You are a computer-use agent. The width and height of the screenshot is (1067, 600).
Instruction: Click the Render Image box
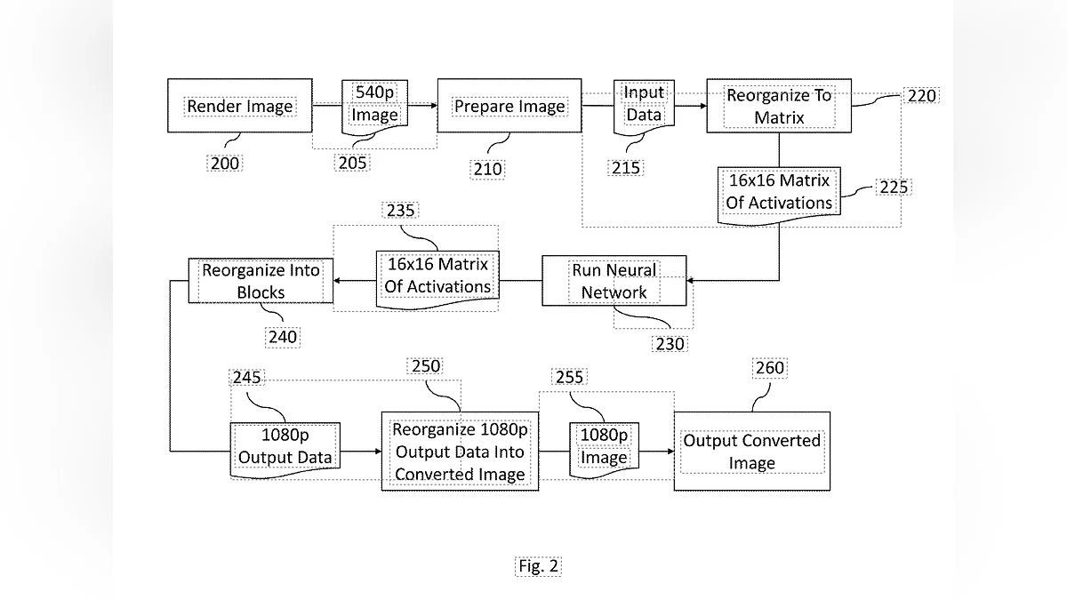[240, 106]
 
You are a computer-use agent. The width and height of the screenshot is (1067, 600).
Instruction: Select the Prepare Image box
[509, 106]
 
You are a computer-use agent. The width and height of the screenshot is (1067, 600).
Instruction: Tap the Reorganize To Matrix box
[779, 106]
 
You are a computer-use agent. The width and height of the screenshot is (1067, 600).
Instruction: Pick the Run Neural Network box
[614, 281]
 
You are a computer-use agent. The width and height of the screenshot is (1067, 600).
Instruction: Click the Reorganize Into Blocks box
[261, 281]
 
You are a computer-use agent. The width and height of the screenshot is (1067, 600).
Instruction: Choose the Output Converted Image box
[752, 452]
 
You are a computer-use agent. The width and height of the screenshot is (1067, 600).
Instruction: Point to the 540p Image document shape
[375, 105]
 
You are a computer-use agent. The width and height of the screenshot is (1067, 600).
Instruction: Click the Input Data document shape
[644, 104]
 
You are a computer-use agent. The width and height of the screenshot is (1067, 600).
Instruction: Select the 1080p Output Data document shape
[285, 447]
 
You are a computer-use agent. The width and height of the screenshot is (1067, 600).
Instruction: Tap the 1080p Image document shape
[605, 447]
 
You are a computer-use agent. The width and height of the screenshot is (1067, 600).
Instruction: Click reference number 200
[225, 163]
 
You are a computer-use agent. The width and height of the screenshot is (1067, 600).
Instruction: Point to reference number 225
[894, 188]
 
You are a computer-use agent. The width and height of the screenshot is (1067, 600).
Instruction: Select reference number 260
[769, 368]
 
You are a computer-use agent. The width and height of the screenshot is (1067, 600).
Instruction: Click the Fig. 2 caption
[539, 565]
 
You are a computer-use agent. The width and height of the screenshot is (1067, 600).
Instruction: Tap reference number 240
[282, 337]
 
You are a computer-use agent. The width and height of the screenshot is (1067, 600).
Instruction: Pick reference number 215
[626, 167]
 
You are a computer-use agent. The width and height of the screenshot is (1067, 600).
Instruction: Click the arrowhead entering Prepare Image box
[433, 106]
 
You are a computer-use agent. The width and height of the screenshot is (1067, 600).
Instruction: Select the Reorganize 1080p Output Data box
[460, 452]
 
